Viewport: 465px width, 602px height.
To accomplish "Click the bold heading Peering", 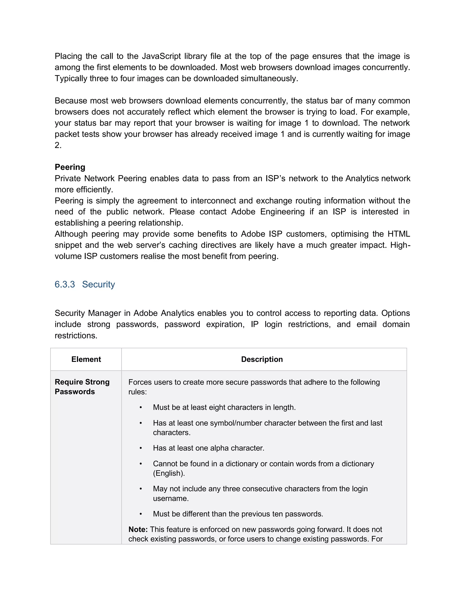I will [70, 167].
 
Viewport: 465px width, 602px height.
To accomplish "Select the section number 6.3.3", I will [65, 284].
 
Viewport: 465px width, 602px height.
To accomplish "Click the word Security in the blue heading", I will [98, 284].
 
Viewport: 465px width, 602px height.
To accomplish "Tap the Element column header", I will [86, 359].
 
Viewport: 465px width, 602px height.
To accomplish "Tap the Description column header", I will [262, 359].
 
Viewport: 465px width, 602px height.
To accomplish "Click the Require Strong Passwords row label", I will [82, 386].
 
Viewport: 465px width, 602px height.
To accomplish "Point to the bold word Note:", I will [138, 529].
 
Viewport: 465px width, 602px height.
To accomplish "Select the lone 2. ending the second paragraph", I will [58, 145].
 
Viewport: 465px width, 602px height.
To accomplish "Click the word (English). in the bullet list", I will [169, 473].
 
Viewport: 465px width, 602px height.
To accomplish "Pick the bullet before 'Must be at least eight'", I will [141, 407].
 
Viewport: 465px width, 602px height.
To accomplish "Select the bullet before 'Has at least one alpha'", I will [141, 448].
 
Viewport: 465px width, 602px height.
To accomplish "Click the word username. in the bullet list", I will [171, 498].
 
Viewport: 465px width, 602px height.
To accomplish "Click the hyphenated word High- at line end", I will [400, 245].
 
